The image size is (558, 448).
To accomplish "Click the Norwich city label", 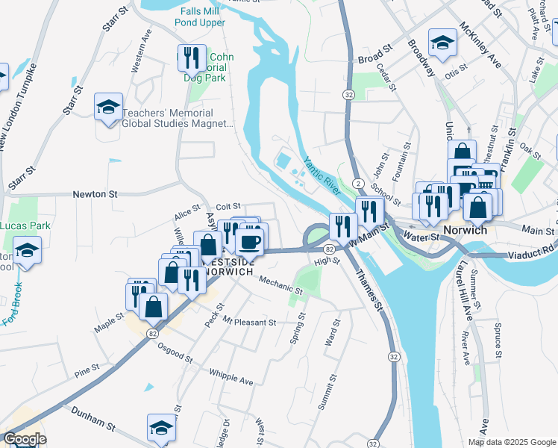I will pyautogui.click(x=465, y=230).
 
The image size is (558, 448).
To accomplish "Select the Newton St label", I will pyautogui.click(x=95, y=194).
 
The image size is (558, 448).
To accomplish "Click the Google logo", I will pyautogui.click(x=24, y=439).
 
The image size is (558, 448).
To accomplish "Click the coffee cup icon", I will pyautogui.click(x=250, y=240).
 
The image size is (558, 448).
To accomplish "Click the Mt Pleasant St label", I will pyautogui.click(x=250, y=323).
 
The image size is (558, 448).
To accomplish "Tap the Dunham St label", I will pyautogui.click(x=93, y=419).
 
